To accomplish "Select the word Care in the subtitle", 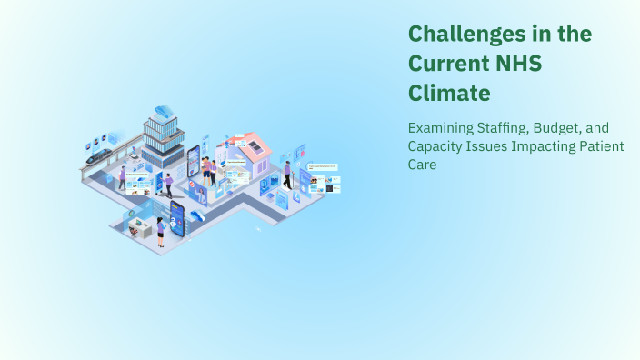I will (x=423, y=165).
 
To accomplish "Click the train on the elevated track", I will (x=99, y=155).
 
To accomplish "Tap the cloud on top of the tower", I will (x=164, y=113).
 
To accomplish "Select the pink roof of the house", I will (x=255, y=145).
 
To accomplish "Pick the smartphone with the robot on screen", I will (x=176, y=221).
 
